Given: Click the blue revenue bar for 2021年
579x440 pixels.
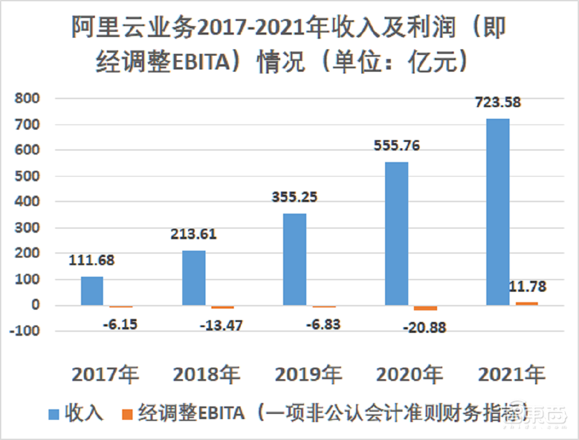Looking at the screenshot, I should tap(497, 212).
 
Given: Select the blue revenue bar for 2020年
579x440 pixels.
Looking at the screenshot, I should tap(396, 233).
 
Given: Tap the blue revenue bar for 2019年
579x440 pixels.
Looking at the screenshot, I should tap(295, 259).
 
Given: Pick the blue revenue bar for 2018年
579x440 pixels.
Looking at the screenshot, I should tap(193, 278).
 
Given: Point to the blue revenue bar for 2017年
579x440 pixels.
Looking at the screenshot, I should tap(92, 291).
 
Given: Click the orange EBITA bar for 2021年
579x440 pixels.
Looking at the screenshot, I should tap(526, 303).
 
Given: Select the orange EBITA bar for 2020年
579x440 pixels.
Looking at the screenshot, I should tap(425, 308).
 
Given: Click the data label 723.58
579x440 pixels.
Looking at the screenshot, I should tap(497, 102).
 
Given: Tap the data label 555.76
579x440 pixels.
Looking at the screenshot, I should tap(396, 145).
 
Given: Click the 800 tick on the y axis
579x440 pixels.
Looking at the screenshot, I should tap(27, 98).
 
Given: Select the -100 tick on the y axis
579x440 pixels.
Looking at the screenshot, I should tap(25, 331).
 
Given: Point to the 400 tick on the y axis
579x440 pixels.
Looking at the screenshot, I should tap(27, 202).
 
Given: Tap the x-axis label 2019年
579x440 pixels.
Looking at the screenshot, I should tap(308, 375).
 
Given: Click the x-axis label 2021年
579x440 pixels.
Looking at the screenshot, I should tap(511, 375).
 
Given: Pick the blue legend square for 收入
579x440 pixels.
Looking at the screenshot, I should tap(54, 414).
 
